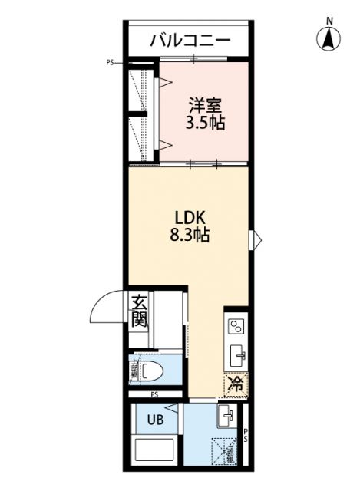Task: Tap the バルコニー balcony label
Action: click(190, 39)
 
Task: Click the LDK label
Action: click(190, 217)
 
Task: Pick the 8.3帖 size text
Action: click(190, 236)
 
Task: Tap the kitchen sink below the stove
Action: click(236, 354)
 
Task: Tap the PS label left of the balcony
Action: click(111, 63)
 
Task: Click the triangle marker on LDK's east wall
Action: click(256, 239)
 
